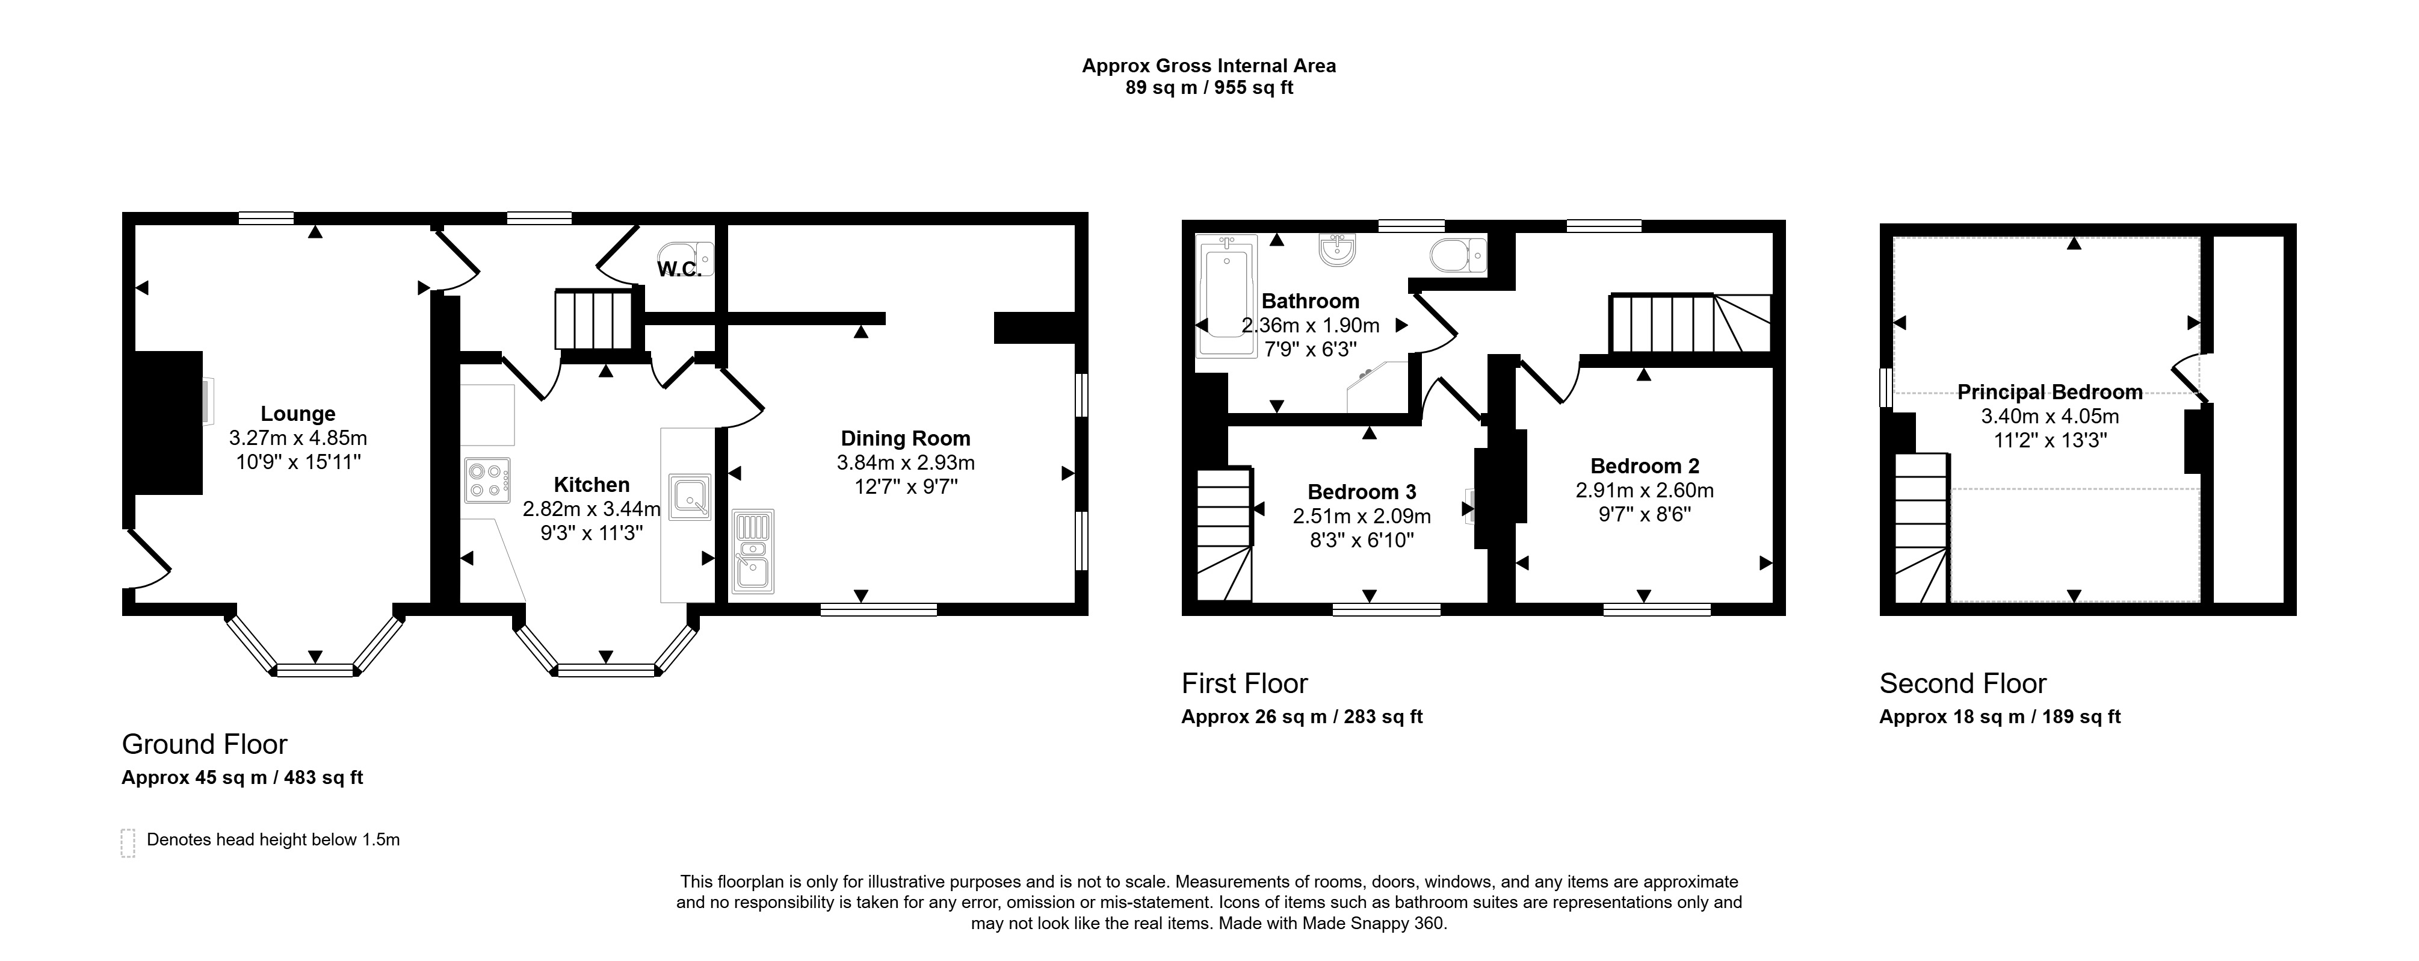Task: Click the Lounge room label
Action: (x=298, y=413)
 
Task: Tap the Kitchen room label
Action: (x=592, y=485)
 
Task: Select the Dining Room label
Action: (x=905, y=438)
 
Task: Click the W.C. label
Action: (x=679, y=270)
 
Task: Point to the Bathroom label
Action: (x=1310, y=300)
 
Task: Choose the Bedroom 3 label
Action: (x=1362, y=491)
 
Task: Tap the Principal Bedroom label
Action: (x=2050, y=392)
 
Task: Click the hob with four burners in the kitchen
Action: (x=486, y=480)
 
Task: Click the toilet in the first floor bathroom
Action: (x=1459, y=255)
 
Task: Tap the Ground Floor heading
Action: (x=205, y=744)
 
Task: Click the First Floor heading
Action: (x=1244, y=683)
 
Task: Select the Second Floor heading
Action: (x=1963, y=683)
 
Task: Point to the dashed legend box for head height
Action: (x=129, y=842)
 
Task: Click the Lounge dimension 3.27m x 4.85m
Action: (x=298, y=438)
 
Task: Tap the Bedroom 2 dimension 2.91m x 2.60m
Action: (x=1645, y=490)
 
